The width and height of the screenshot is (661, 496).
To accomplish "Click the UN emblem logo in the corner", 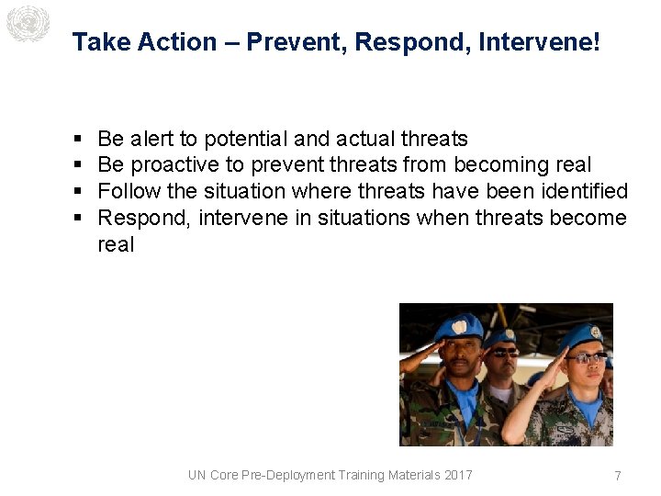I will tap(27, 23).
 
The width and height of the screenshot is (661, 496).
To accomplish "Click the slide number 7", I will tap(618, 476).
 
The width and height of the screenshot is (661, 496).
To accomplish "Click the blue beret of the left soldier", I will tap(457, 325).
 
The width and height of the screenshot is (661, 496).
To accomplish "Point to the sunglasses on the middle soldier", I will tap(504, 352).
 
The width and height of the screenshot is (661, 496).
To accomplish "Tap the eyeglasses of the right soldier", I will tap(584, 357).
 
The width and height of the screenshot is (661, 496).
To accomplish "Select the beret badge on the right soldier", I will tap(595, 332).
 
